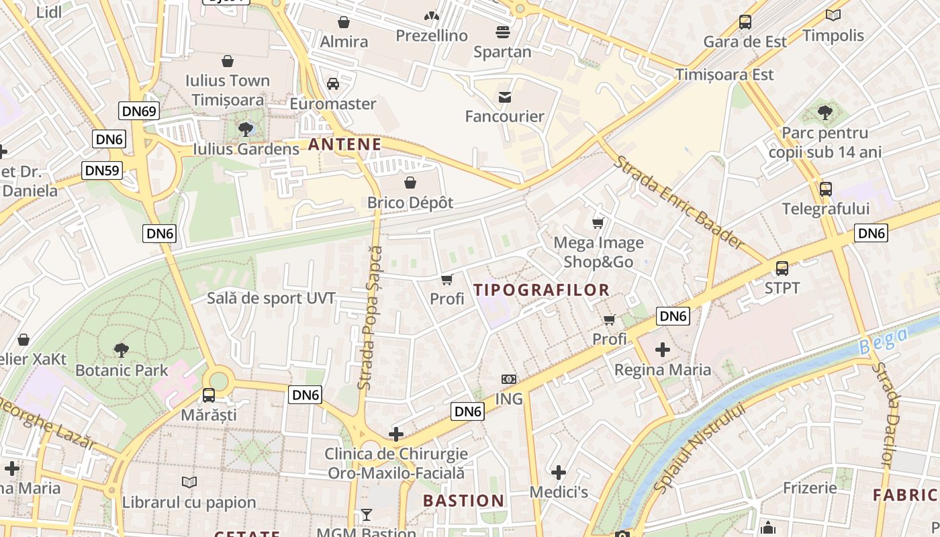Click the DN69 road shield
[x=140, y=111]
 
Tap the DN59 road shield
[x=102, y=170]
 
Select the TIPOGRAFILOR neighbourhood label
[x=541, y=290]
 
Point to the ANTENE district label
[x=344, y=144]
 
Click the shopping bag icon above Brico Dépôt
[x=410, y=183]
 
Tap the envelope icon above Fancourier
[x=504, y=97]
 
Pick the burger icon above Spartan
[x=502, y=32]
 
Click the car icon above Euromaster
[x=332, y=84]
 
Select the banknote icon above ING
[x=509, y=379]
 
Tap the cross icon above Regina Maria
[x=663, y=350]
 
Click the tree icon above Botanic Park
[x=122, y=350]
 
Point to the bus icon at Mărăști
[x=209, y=395]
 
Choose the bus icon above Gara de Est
[x=745, y=22]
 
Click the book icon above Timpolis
[x=833, y=15]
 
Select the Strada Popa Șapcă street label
[x=370, y=318]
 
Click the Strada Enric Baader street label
[x=678, y=203]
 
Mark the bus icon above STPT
[x=782, y=268]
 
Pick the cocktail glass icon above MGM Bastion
[x=366, y=515]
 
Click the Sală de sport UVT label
[x=271, y=298]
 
